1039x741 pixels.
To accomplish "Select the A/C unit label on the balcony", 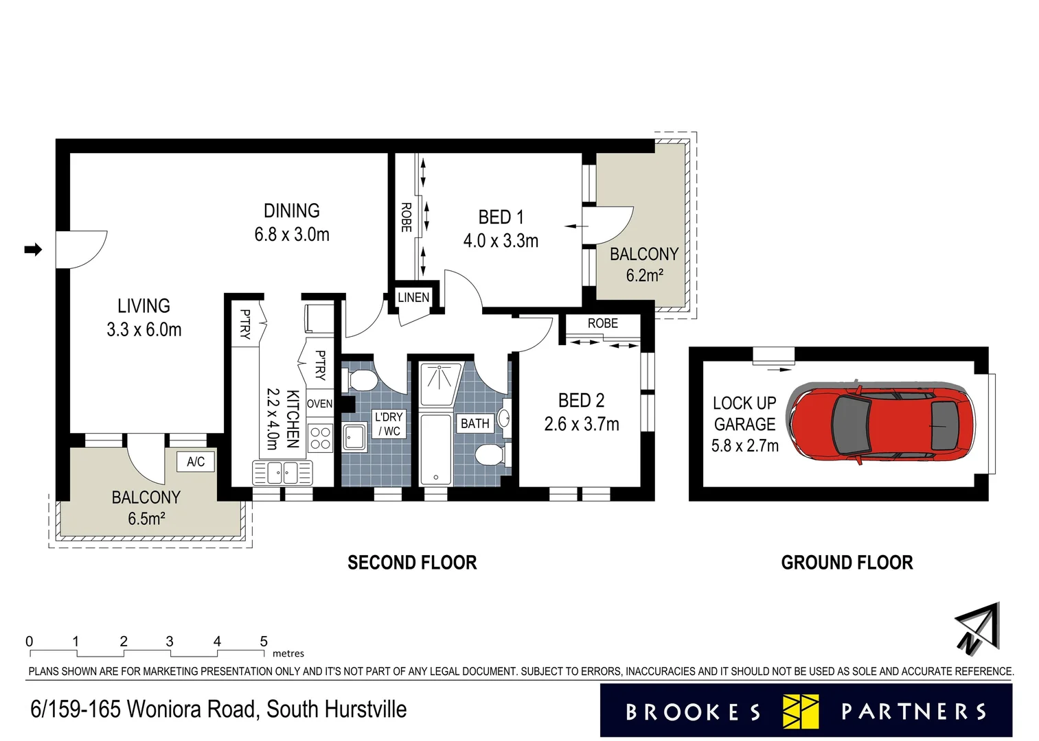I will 196,462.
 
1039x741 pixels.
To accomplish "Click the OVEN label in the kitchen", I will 319,404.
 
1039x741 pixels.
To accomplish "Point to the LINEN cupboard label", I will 413,297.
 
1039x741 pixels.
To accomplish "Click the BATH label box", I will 475,423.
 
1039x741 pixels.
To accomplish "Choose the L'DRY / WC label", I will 389,424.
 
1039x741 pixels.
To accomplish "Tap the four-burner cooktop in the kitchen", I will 320,438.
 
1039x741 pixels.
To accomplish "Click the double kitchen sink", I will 283,472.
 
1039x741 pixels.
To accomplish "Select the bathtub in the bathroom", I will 436,449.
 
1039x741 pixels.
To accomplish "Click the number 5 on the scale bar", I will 264,642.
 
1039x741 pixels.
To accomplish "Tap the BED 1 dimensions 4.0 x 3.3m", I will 501,241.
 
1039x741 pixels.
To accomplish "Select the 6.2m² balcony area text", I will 644,276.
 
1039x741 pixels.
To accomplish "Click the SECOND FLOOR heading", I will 412,563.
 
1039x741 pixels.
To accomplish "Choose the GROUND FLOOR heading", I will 847,563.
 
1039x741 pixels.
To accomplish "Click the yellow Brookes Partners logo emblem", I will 801,711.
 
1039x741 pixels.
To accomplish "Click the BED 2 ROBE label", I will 602,323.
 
